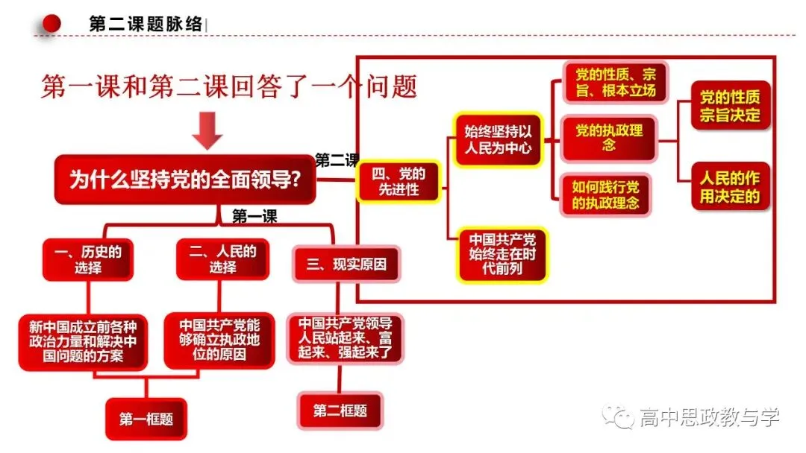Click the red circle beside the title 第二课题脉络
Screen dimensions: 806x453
coord(51,23)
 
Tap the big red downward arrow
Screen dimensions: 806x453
coord(207,130)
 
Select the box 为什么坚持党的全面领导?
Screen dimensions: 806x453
coord(185,180)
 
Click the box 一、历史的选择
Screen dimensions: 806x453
coord(88,259)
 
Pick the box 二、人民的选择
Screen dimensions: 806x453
coord(222,259)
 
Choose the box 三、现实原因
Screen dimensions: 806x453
coord(346,264)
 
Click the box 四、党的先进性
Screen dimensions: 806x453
coord(399,182)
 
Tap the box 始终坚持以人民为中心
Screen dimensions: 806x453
coord(498,139)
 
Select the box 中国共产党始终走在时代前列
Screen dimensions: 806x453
coord(502,255)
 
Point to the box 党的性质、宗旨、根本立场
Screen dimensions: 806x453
coord(615,82)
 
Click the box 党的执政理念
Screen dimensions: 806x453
coord(609,138)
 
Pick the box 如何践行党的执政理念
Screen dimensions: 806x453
coord(605,195)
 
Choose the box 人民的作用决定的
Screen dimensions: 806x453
coord(730,187)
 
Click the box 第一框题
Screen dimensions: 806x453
coord(146,419)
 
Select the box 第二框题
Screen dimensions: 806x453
coord(340,411)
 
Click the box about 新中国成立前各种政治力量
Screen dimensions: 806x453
coord(83,342)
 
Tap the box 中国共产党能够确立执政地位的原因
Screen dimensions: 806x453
coord(219,340)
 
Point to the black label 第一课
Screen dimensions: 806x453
coord(254,216)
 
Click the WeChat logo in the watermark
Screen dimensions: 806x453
coord(619,416)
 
